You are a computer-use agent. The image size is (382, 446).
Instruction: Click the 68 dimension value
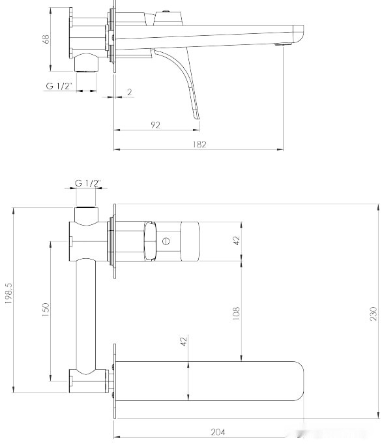pos(46,40)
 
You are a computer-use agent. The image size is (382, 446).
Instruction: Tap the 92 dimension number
pos(155,125)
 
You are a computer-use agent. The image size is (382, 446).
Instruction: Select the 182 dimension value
pos(199,144)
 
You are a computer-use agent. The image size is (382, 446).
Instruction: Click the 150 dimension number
pos(45,310)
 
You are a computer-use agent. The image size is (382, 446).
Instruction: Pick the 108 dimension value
pos(237,313)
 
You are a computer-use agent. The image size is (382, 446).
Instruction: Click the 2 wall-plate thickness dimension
pos(130,92)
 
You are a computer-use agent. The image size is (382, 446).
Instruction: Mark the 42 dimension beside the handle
pos(237,240)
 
